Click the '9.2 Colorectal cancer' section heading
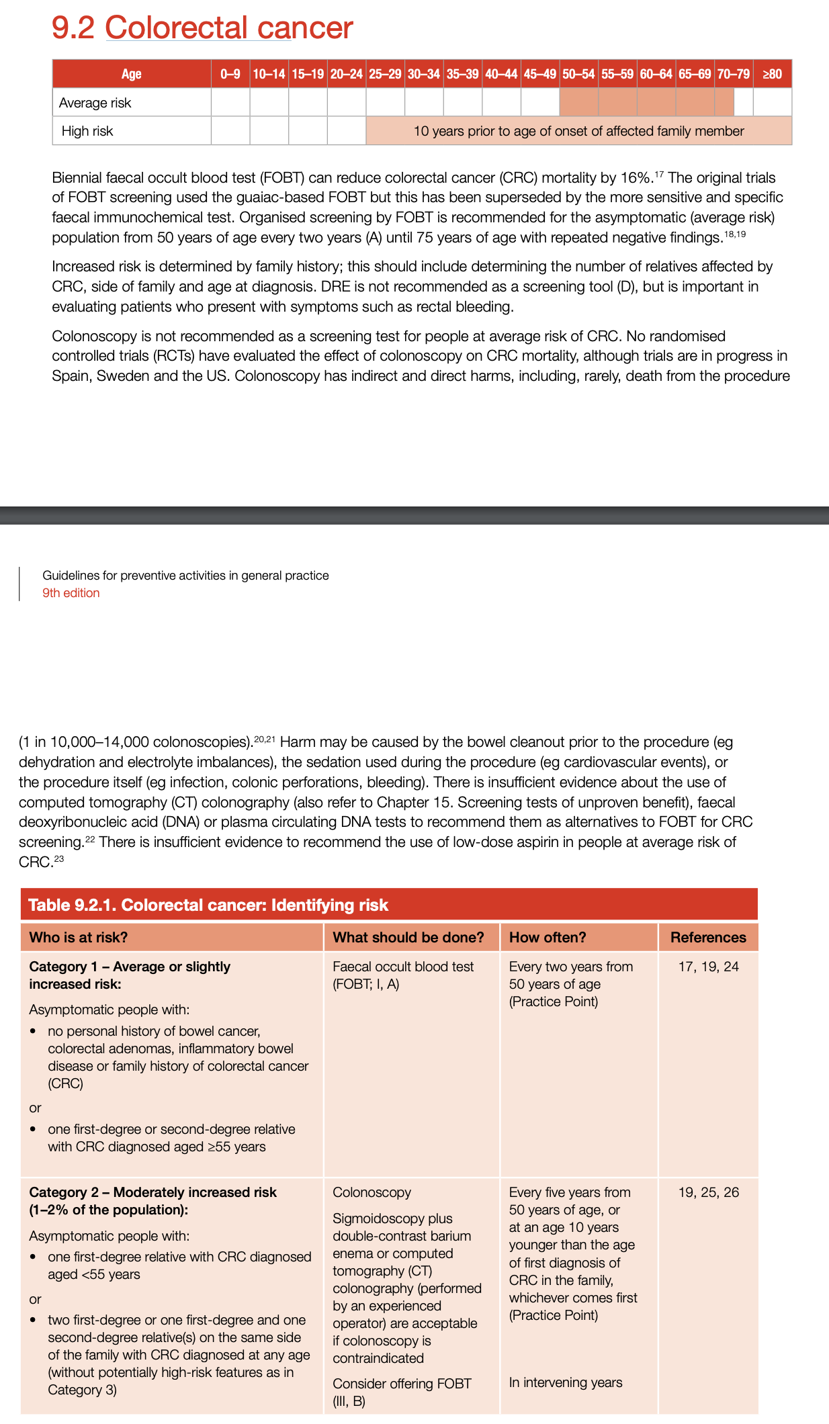[202, 28]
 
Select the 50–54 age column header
[578, 74]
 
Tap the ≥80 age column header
[772, 74]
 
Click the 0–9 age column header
[230, 74]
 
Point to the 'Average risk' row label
[95, 103]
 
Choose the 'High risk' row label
[87, 131]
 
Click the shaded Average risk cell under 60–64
[656, 102]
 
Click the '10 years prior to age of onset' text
[578, 131]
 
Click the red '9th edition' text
[71, 593]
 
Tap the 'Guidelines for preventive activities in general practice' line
[185, 576]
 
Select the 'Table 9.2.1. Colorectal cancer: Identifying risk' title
[208, 905]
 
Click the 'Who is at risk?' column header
[79, 937]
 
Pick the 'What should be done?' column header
[408, 937]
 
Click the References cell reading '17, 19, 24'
[708, 967]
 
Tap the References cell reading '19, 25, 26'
[708, 1192]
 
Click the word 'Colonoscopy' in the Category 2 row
[372, 1192]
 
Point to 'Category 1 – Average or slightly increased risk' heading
[130, 975]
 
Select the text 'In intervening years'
[565, 1382]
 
